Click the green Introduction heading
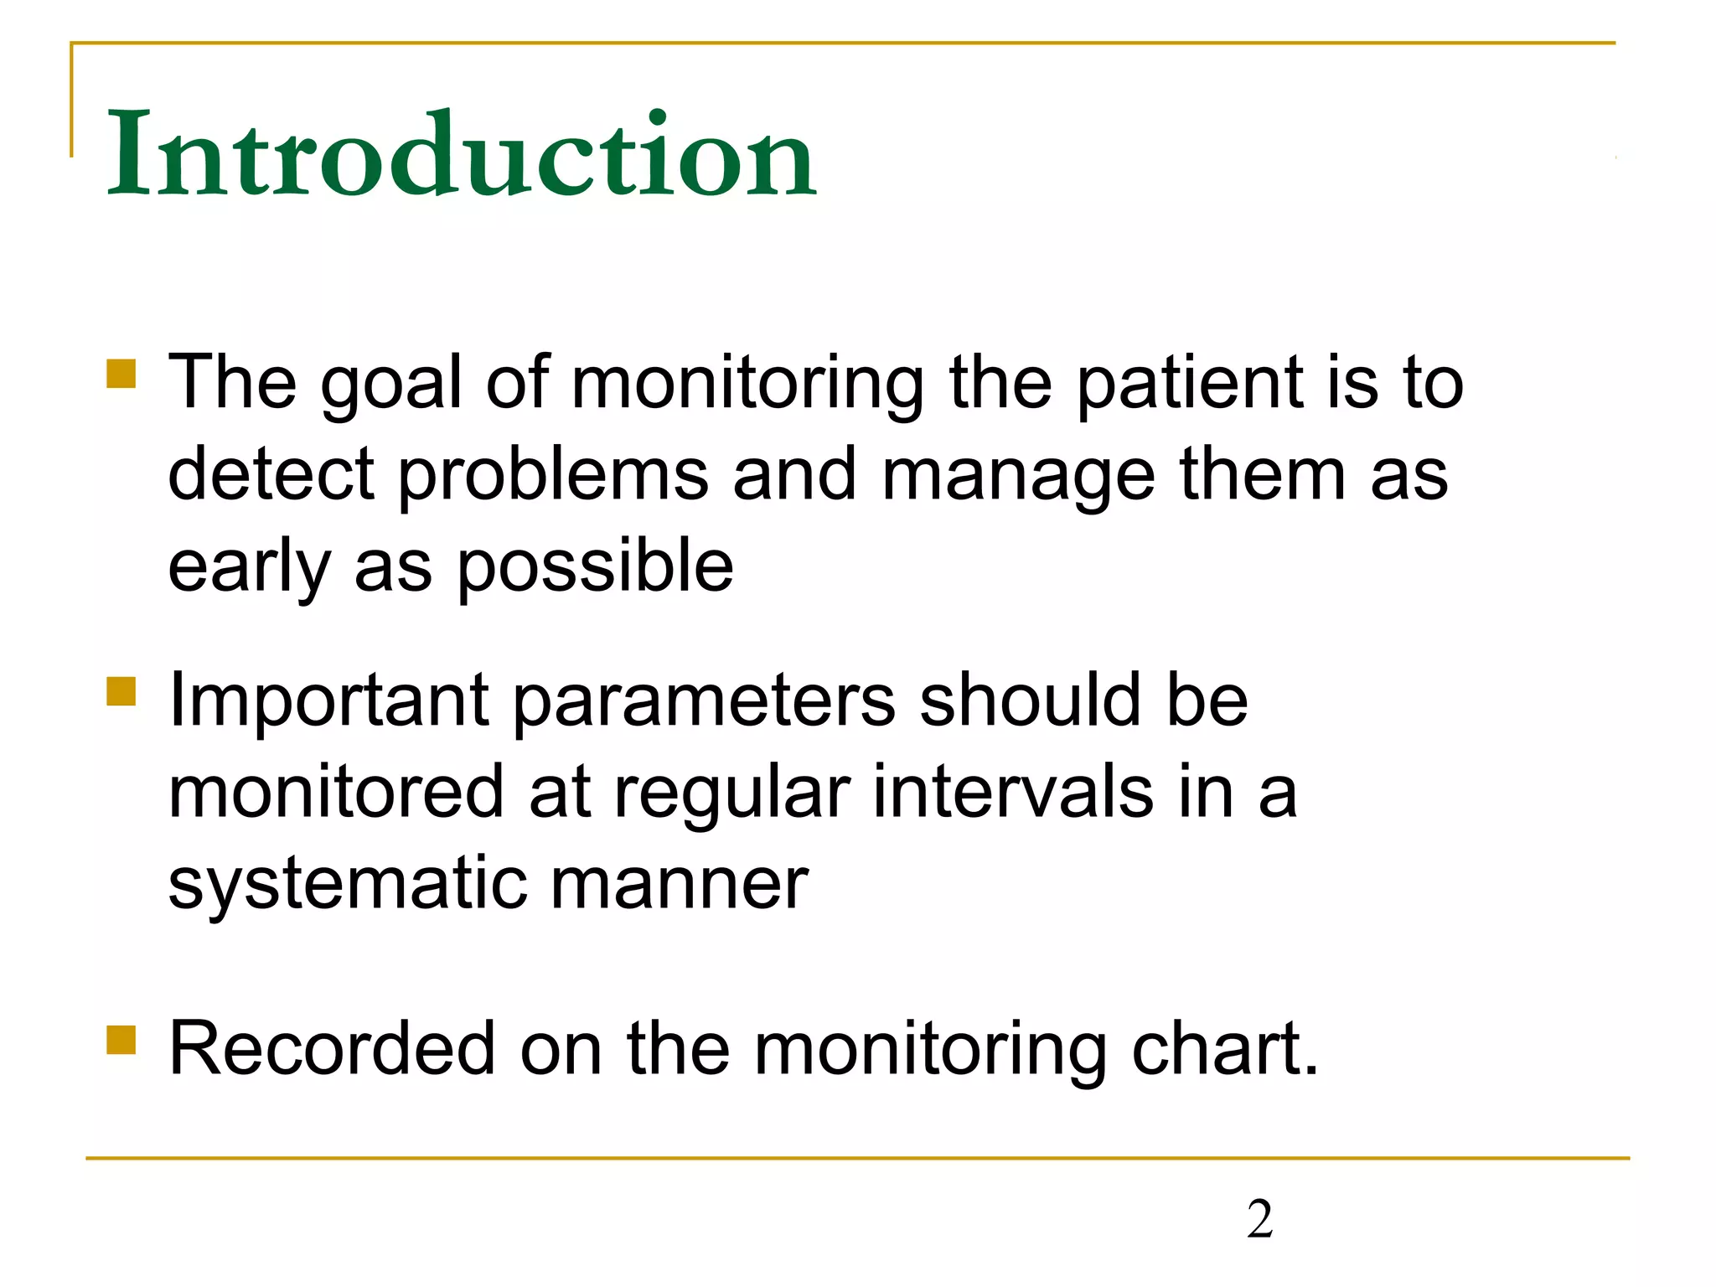point(461,155)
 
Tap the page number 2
point(1259,1219)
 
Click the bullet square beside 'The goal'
point(121,374)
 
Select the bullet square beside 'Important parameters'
point(121,692)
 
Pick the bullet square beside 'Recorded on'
point(121,1040)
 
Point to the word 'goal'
point(391,384)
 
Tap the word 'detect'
point(271,475)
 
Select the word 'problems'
point(553,475)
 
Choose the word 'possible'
point(595,567)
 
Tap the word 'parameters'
point(704,701)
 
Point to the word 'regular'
point(731,793)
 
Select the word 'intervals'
point(1012,793)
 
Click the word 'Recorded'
point(332,1049)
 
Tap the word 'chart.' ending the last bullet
point(1225,1049)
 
